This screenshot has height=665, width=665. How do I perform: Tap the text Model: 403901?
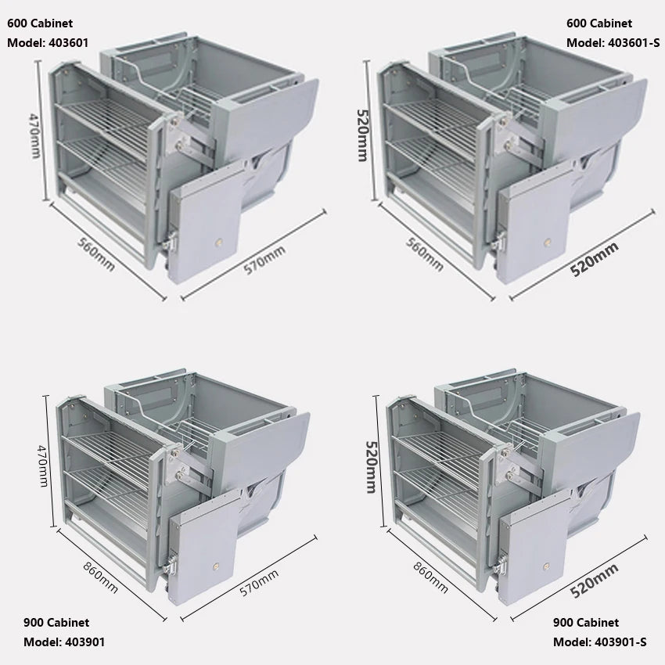(64, 642)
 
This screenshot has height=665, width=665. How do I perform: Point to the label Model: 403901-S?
(599, 642)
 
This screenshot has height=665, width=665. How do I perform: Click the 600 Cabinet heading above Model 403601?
(40, 23)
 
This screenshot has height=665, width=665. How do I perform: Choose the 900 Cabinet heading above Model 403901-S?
(586, 623)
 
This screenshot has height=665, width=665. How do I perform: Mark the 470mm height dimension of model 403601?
(34, 135)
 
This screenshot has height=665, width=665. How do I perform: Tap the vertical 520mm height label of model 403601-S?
(361, 134)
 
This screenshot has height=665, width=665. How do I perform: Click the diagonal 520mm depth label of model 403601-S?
(594, 259)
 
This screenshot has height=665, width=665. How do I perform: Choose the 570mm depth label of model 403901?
(259, 584)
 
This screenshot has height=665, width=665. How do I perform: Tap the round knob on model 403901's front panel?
(214, 563)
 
